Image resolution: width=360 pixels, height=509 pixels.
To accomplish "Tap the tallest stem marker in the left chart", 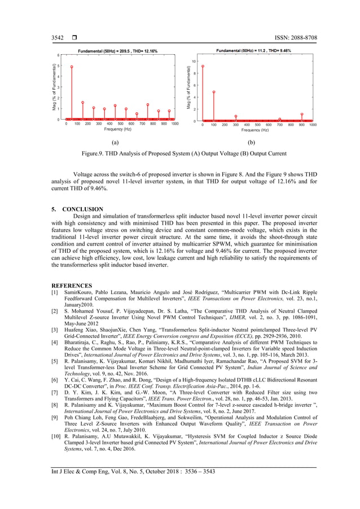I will tap(72, 67).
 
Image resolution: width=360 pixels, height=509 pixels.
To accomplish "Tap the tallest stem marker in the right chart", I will tap(203, 66).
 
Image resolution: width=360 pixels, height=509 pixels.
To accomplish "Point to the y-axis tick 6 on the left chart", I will tap(59, 55).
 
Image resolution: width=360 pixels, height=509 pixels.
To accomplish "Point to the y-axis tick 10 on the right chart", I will tap(194, 61).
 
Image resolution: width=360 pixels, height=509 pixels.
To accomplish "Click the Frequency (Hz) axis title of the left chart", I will tap(117, 129).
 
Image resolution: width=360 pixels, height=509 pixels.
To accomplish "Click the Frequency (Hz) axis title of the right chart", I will tap(255, 130).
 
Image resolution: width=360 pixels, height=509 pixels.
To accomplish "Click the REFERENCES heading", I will tap(72, 286).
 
